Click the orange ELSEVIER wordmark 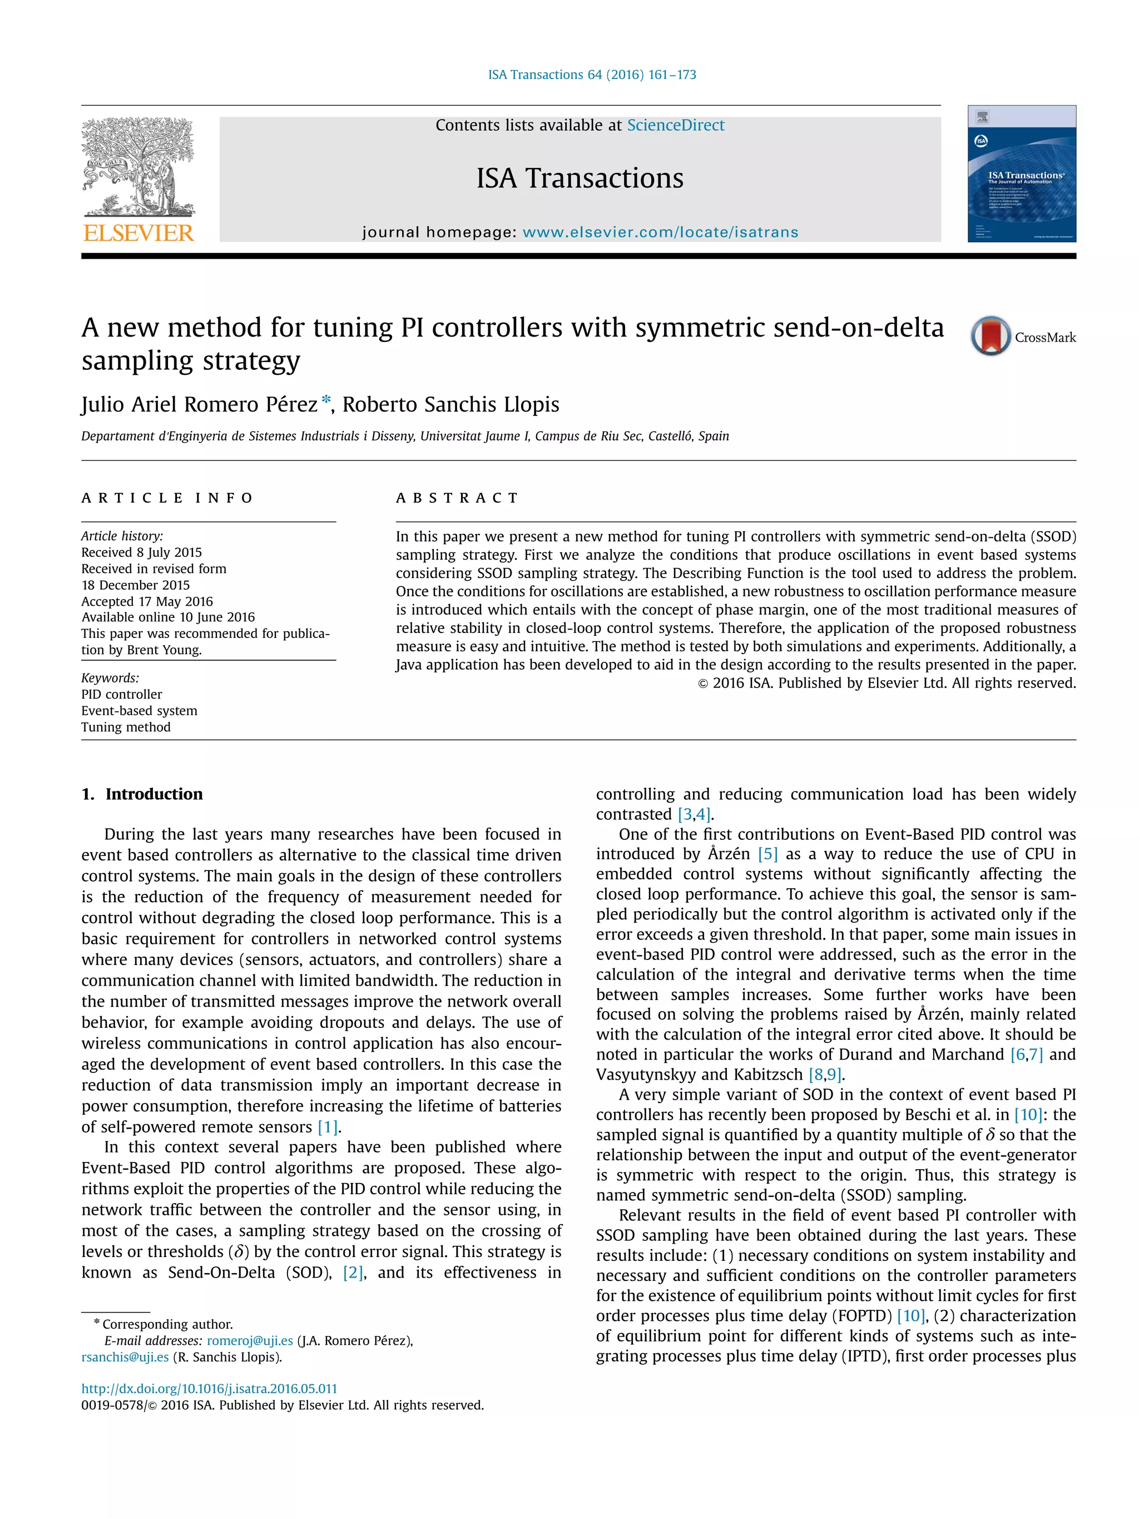pos(138,233)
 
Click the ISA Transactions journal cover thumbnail pos(1021,173)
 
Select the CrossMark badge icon pos(990,336)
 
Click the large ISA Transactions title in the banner pos(580,179)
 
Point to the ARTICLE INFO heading pos(167,498)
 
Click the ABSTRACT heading pos(457,498)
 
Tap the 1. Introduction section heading pos(142,794)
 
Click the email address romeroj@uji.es pos(250,1340)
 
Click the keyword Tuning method pos(126,727)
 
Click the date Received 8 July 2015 pos(141,552)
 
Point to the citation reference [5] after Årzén pos(767,854)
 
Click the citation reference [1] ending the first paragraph pos(327,1127)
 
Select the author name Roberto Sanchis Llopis pos(450,404)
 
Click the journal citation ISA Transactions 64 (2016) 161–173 pos(592,74)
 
